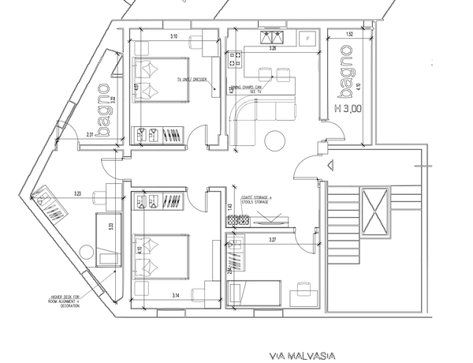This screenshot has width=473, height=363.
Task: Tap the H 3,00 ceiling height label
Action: (x=347, y=110)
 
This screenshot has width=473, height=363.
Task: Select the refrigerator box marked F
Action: (x=307, y=36)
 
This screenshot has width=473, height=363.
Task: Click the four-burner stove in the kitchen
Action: (x=234, y=58)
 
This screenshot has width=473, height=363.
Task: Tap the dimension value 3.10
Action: (x=173, y=36)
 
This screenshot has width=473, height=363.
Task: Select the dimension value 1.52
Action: (x=348, y=36)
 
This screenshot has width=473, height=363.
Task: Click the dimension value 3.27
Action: (x=274, y=238)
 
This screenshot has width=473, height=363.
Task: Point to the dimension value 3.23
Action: (x=78, y=193)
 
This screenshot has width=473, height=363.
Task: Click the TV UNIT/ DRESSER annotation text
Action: (x=192, y=80)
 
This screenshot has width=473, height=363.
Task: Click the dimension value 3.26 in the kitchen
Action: (x=273, y=48)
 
